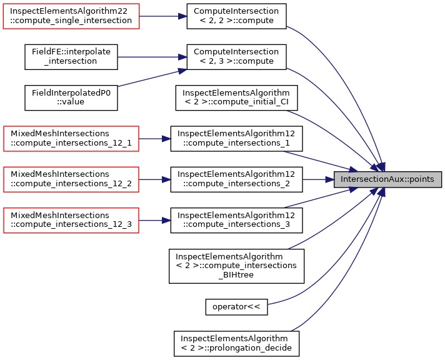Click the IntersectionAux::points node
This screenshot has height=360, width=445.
click(x=387, y=179)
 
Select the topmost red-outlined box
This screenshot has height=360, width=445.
click(x=71, y=16)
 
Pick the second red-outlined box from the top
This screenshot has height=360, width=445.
click(x=71, y=139)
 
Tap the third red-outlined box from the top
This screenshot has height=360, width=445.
click(x=71, y=179)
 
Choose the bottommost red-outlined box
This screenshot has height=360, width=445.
click(x=71, y=221)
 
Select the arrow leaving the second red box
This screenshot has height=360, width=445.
click(x=154, y=139)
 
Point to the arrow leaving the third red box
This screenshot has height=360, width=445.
click(x=154, y=179)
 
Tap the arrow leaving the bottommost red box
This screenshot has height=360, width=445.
click(x=154, y=221)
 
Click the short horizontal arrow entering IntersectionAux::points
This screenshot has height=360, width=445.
click(x=317, y=179)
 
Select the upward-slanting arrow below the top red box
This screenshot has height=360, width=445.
click(x=150, y=78)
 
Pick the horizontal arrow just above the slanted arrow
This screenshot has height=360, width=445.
click(x=150, y=57)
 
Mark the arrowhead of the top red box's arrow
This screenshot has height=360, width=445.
click(x=183, y=16)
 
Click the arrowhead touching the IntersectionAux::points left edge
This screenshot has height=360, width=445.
click(x=330, y=179)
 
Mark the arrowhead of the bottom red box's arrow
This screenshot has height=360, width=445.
click(x=167, y=221)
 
